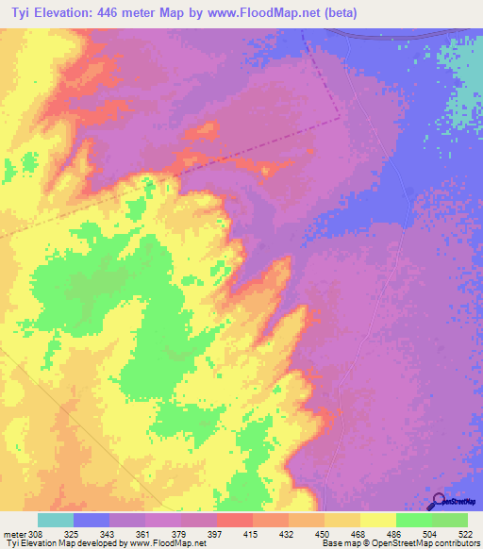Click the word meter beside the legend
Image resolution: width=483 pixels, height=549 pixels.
click(x=14, y=534)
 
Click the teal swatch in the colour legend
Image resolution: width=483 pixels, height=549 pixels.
click(x=55, y=520)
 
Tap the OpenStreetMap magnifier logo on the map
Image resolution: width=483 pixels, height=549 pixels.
click(x=439, y=501)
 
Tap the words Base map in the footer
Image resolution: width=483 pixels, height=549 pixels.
click(x=339, y=543)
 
